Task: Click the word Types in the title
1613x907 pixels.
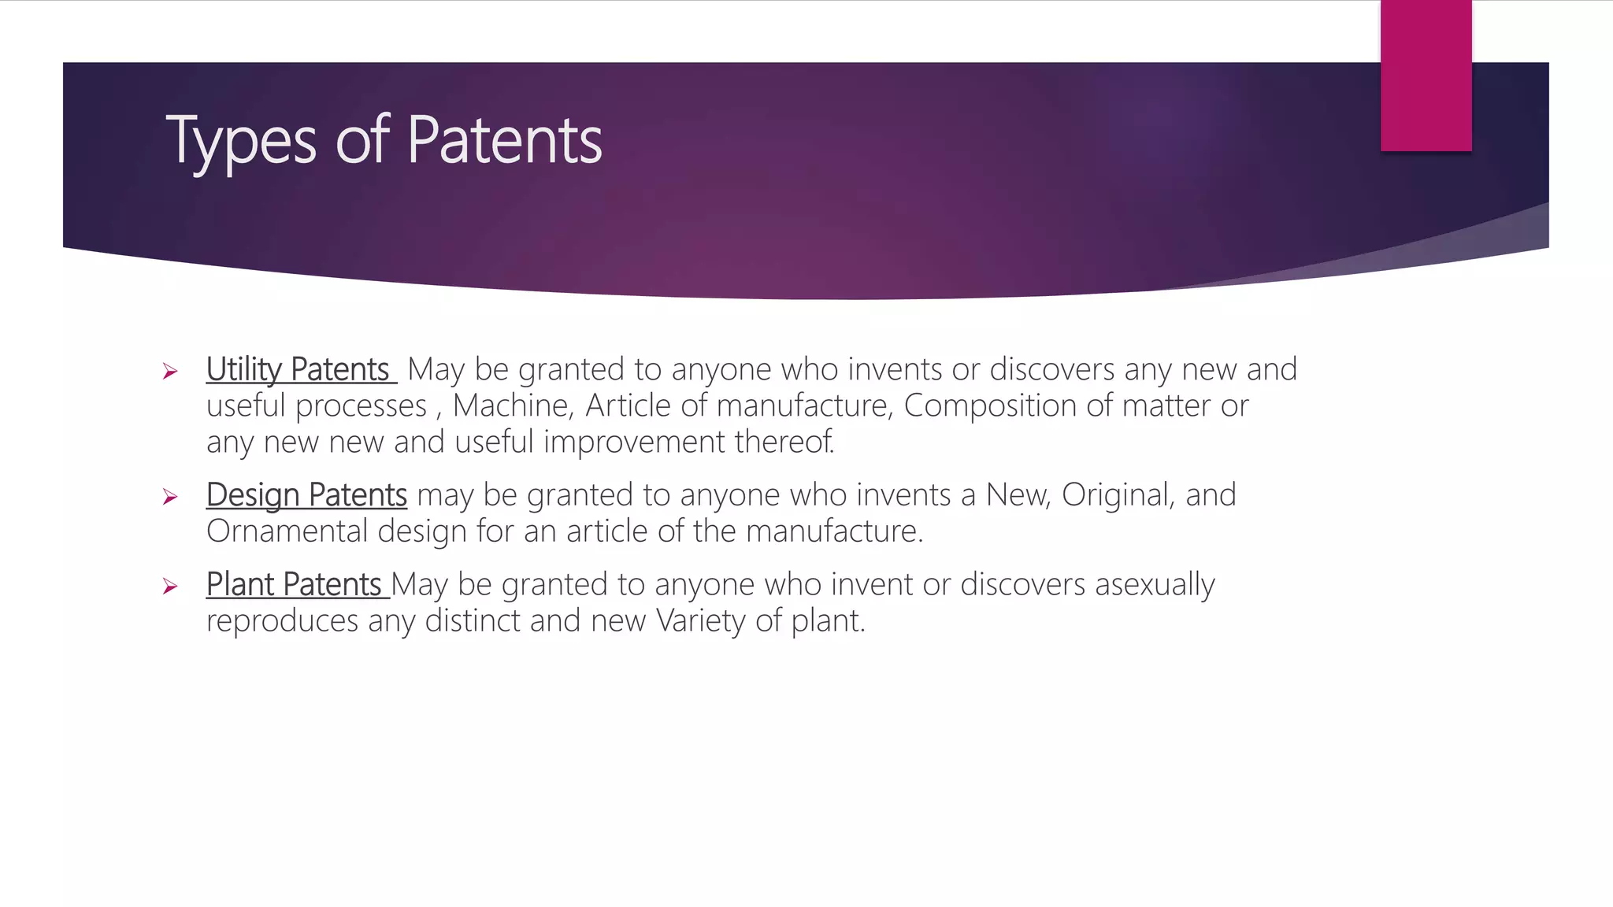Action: click(240, 142)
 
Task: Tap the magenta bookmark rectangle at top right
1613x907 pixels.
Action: click(1426, 75)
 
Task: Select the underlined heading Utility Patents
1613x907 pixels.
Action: click(299, 369)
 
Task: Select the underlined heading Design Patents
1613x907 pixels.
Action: click(306, 495)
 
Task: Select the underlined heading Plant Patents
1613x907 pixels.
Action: click(295, 585)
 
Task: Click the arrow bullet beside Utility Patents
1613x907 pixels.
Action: click(170, 372)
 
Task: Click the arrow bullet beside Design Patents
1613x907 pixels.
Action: click(170, 497)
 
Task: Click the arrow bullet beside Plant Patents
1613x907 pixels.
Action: click(170, 587)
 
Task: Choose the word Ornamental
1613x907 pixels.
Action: click(287, 531)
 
